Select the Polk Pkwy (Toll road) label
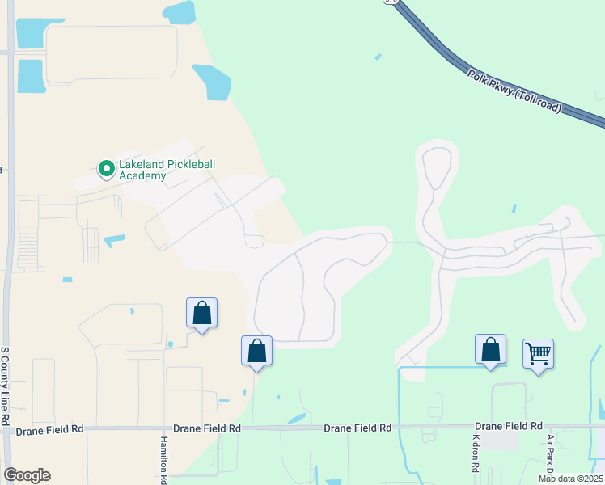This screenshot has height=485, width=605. coord(514,91)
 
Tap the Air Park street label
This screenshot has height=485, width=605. coord(550,455)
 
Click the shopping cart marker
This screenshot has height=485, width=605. coord(538,354)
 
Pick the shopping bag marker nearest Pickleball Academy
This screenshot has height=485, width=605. coord(201,314)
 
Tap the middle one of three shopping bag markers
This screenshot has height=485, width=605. coord(256,352)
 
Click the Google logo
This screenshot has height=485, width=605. coord(27,475)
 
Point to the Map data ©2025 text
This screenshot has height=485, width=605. coord(570,479)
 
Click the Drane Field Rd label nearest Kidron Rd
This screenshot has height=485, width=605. coord(508,426)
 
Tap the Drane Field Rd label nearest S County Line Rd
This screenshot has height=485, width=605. coord(49,432)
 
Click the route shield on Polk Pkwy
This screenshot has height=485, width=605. coord(391,2)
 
